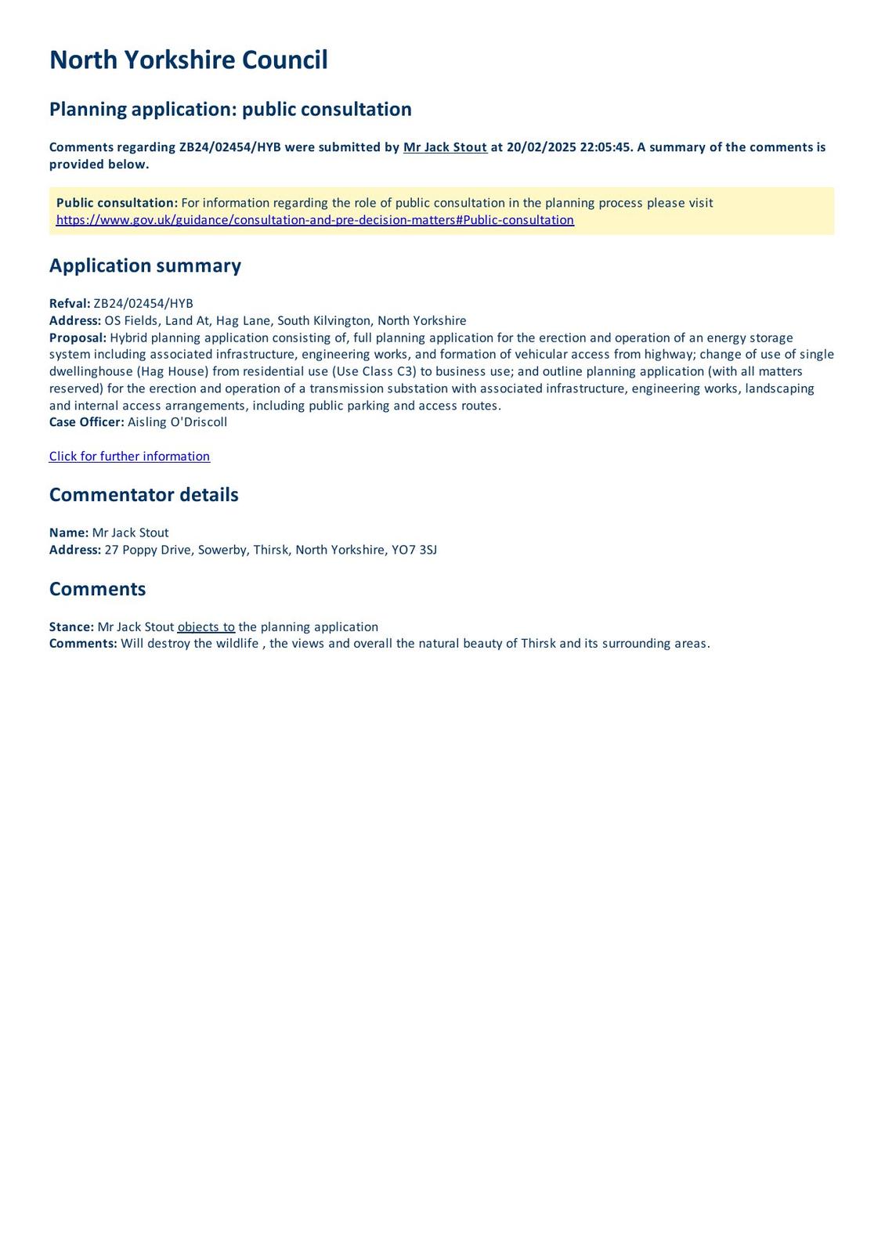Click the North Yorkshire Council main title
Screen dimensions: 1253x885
click(x=188, y=60)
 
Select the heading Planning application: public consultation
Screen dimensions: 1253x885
click(x=230, y=109)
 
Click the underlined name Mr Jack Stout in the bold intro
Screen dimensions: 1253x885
click(x=445, y=147)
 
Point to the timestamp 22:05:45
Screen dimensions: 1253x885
click(x=605, y=147)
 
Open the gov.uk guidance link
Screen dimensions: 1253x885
click(x=315, y=220)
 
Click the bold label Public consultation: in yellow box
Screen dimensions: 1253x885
click(x=117, y=203)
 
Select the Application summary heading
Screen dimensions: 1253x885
click(x=145, y=265)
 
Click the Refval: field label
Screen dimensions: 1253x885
click(x=70, y=304)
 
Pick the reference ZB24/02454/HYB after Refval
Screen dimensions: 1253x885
click(x=143, y=304)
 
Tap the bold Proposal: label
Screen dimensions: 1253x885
click(x=78, y=338)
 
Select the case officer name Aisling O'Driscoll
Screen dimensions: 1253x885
click(x=177, y=422)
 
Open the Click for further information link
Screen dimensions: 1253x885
click(x=129, y=457)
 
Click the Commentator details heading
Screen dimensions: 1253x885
click(x=143, y=495)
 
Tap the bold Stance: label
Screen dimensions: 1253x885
click(x=71, y=626)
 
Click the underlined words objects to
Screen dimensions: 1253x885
click(x=206, y=626)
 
